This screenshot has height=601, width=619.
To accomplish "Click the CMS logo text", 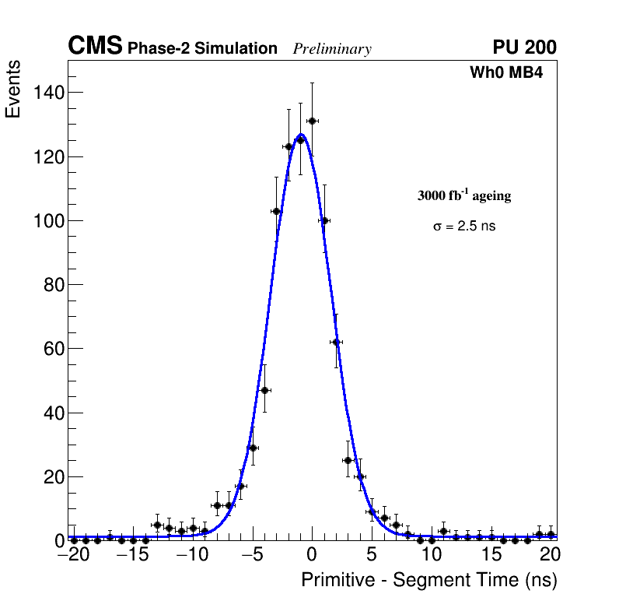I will tap(95, 47).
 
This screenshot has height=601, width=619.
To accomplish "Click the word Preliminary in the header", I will tap(332, 49).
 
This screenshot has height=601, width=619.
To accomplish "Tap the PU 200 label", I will tap(524, 47).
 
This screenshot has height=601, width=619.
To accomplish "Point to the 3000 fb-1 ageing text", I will tap(464, 196).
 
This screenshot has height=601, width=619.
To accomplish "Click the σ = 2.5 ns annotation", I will tap(464, 227).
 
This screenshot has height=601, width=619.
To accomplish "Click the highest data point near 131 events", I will tap(312, 121).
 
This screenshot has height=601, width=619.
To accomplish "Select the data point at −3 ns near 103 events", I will tap(276, 211).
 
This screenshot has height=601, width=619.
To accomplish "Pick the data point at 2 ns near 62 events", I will tap(336, 342).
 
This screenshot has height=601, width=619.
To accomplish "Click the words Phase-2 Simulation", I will tap(202, 49).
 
